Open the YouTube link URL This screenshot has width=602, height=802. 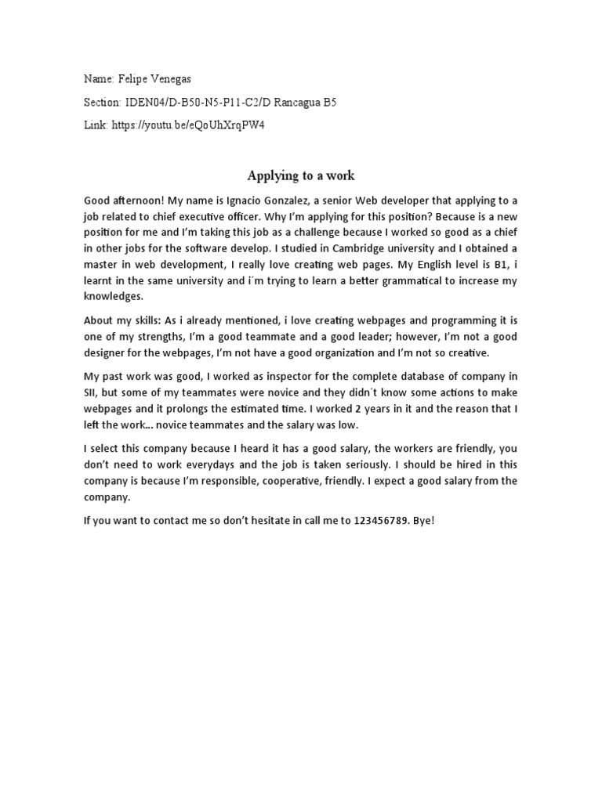coord(189,125)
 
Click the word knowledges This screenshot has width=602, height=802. coord(114,296)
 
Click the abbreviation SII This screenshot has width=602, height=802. coord(91,392)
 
